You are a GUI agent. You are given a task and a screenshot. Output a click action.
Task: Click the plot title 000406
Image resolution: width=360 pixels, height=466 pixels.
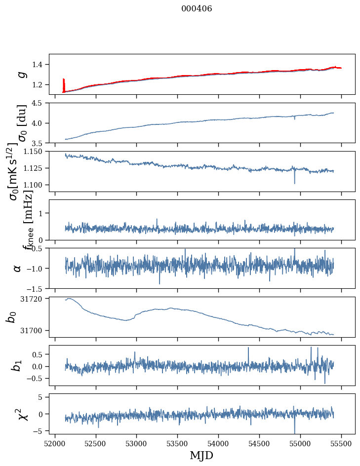click(x=197, y=8)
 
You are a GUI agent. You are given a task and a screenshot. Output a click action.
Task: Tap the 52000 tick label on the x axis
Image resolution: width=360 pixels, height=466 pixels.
click(x=55, y=443)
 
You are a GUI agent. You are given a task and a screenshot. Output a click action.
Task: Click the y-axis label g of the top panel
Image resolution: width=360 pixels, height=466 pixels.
click(x=21, y=74)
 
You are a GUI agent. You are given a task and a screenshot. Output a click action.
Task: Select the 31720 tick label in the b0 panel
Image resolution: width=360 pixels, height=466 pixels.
click(x=36, y=299)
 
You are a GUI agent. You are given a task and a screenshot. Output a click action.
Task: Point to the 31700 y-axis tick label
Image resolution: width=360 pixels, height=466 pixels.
click(x=36, y=330)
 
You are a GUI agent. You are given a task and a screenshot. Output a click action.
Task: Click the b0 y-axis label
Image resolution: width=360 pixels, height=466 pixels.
click(x=11, y=317)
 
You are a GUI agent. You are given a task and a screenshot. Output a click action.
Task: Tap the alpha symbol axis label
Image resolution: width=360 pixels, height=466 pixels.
click(x=17, y=268)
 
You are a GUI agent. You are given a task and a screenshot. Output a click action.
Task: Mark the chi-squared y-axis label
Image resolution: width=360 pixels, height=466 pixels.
click(x=22, y=414)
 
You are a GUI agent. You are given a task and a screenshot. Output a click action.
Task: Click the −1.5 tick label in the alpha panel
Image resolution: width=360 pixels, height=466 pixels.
click(x=38, y=288)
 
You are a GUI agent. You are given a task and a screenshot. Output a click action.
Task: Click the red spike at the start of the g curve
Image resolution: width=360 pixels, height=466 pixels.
click(x=64, y=84)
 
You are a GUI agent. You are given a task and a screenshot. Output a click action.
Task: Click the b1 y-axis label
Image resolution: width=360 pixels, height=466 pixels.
click(x=17, y=365)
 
